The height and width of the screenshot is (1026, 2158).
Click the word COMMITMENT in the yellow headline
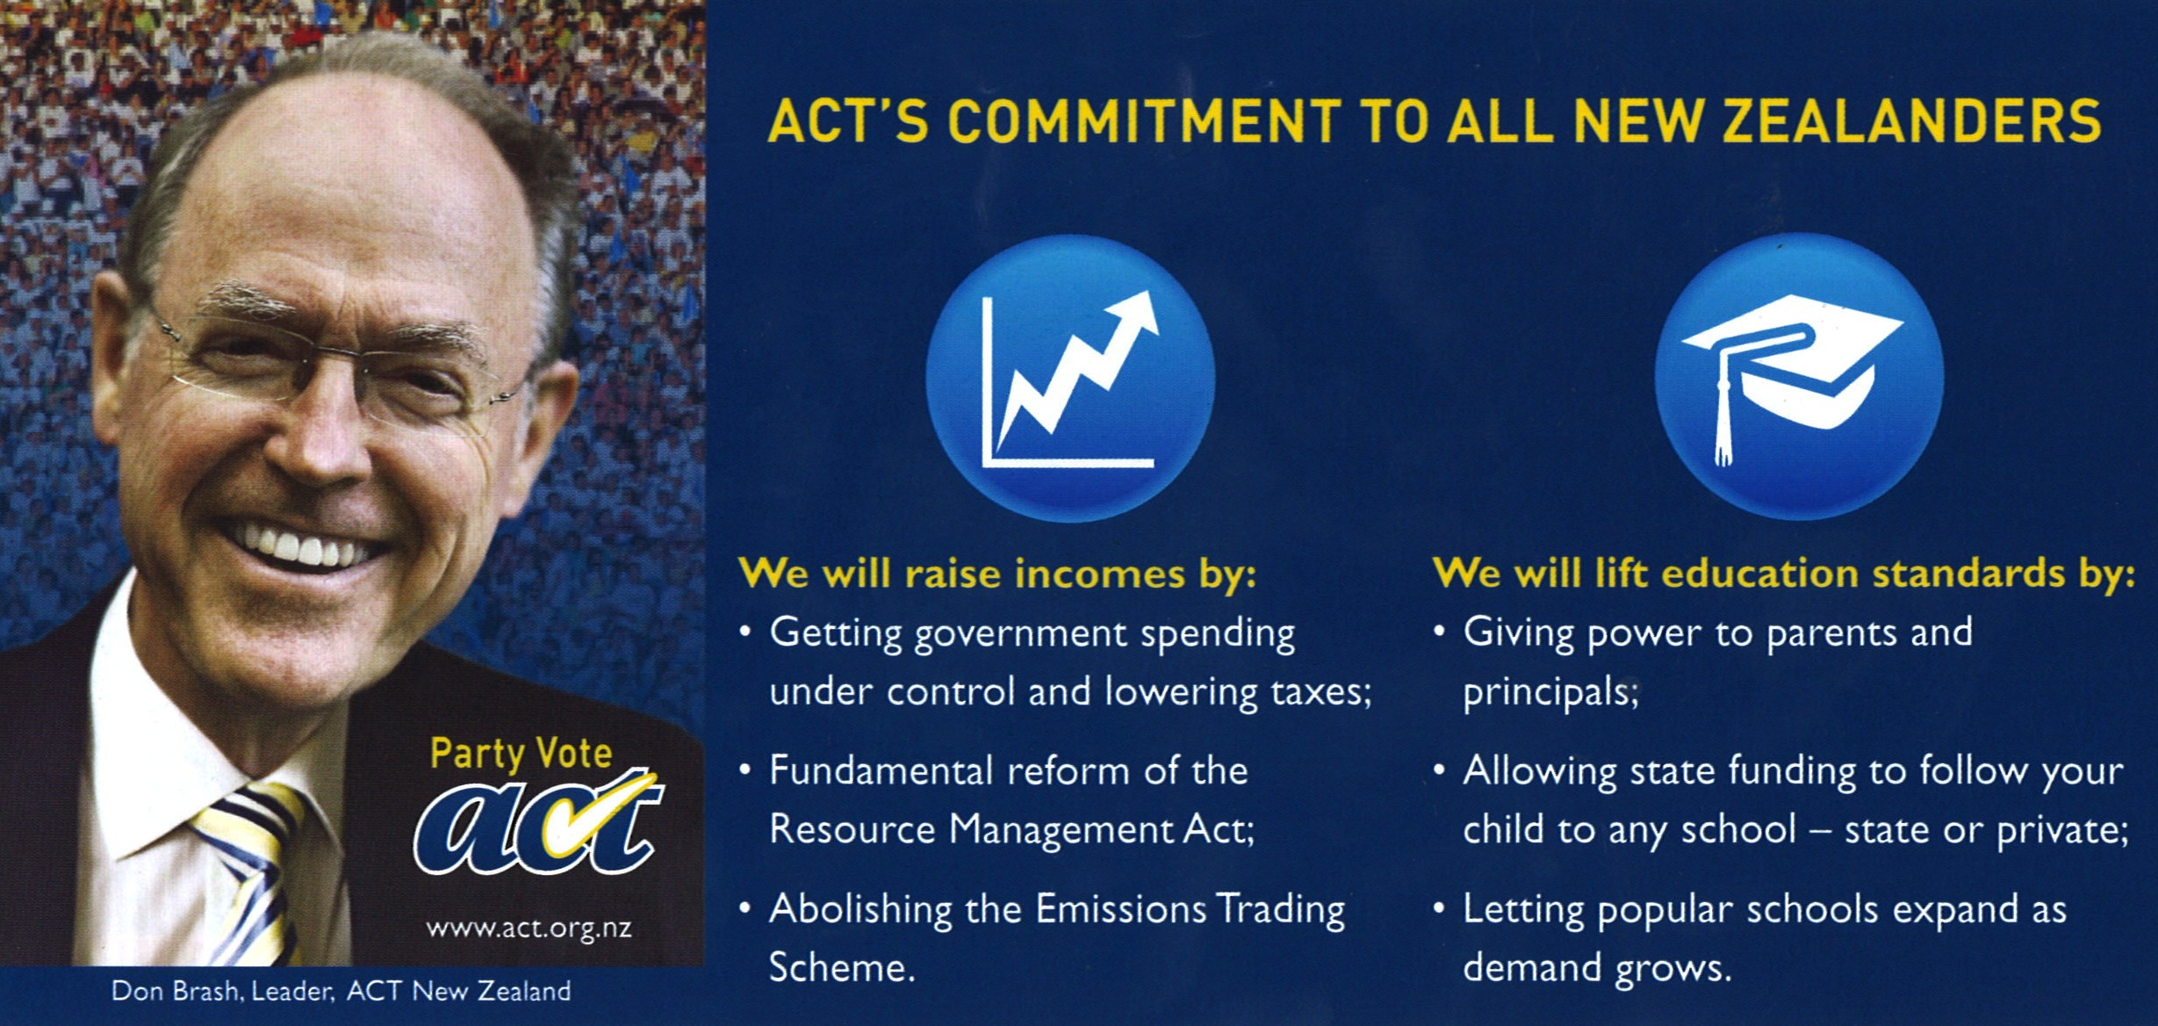[x=1143, y=121]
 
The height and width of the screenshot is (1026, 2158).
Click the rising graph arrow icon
[x=1070, y=378]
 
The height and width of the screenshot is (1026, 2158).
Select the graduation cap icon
[x=1799, y=376]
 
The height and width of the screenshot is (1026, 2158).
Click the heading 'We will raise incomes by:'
[x=998, y=574]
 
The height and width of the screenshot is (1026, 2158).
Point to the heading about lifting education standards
[x=1784, y=574]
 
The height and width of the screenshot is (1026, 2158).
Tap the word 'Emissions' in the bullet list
[x=1120, y=909]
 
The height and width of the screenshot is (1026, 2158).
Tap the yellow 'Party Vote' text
[x=521, y=754]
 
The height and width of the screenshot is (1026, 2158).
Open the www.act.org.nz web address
[x=529, y=928]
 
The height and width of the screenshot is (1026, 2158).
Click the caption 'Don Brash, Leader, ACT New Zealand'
[x=341, y=992]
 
